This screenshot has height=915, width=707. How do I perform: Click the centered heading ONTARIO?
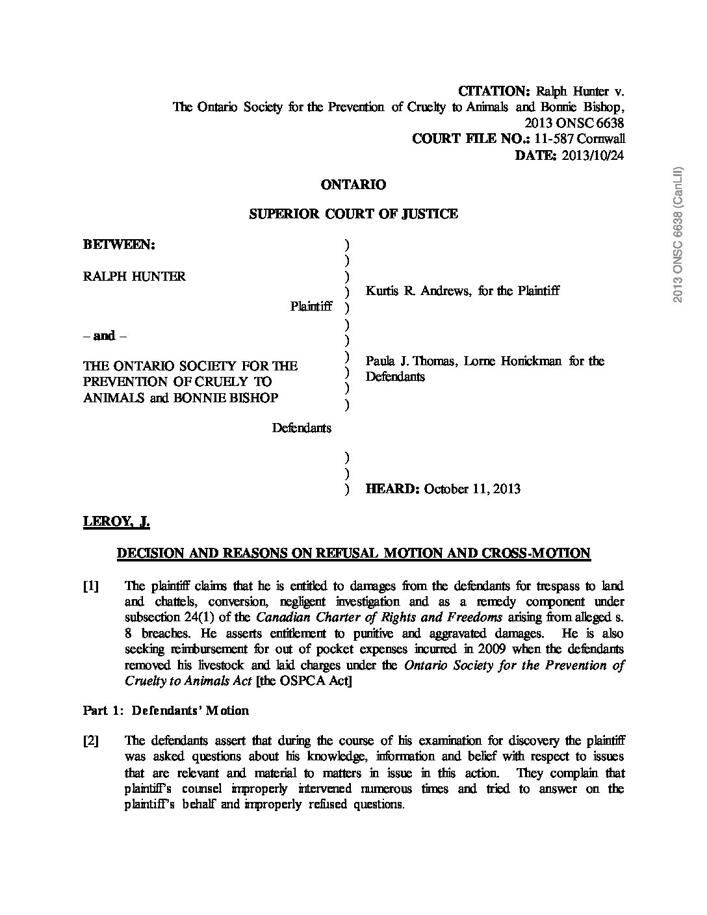click(353, 185)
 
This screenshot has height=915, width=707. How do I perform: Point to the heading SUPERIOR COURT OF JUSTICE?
click(353, 214)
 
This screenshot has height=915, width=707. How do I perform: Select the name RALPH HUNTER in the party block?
click(135, 276)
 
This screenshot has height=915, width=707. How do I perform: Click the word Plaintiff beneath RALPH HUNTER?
click(311, 306)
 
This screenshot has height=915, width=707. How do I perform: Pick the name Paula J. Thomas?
click(411, 361)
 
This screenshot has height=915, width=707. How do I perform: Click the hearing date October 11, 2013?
click(472, 489)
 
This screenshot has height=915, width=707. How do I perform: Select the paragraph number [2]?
click(91, 741)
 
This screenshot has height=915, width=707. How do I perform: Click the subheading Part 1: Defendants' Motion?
click(166, 710)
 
